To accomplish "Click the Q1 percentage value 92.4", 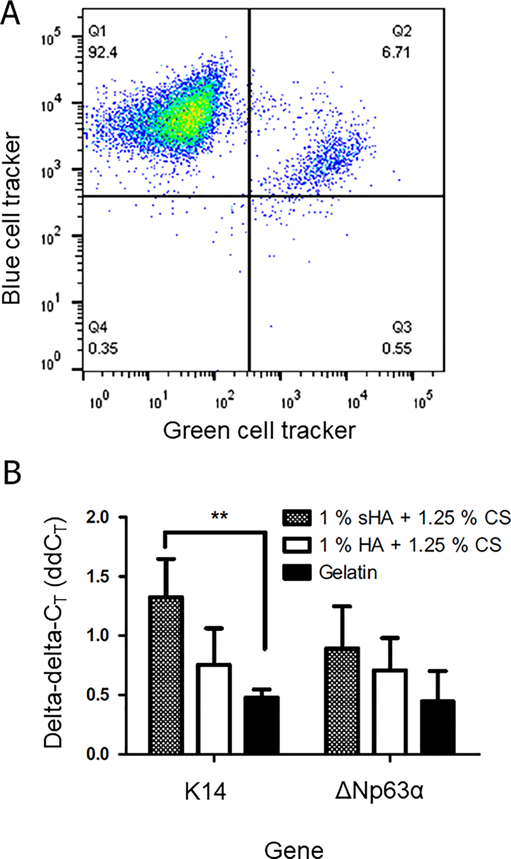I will (103, 53).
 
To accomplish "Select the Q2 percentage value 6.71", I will (396, 53).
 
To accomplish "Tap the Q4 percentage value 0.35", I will (103, 348).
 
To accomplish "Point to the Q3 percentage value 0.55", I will (396, 348).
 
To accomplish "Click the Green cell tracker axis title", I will (259, 431).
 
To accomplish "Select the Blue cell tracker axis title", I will (12, 218).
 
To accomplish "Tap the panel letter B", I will (12, 472).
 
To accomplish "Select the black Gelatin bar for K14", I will (261, 725).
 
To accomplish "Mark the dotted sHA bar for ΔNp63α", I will (342, 701).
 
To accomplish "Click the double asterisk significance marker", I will (219, 516).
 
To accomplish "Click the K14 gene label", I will (205, 791).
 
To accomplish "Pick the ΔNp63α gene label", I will (379, 791).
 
